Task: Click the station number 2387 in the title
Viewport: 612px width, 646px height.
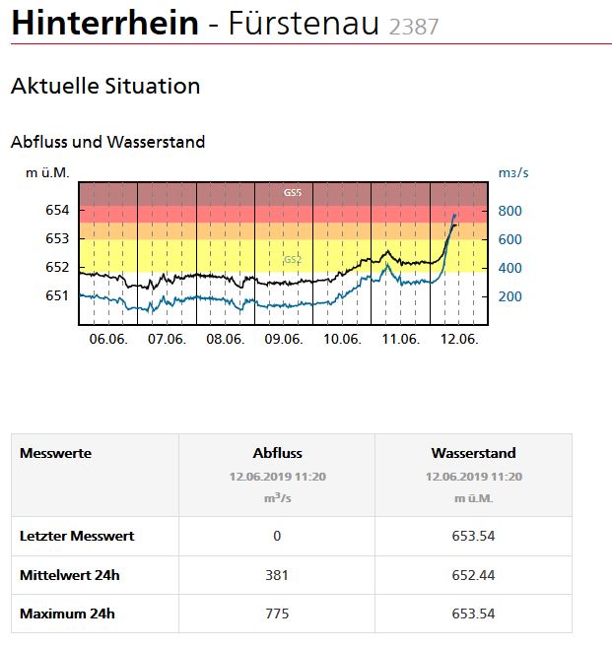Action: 413,27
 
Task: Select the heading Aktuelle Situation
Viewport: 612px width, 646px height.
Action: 105,86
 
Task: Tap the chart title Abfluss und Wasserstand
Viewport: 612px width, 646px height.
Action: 107,142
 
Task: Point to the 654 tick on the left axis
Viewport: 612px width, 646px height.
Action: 57,211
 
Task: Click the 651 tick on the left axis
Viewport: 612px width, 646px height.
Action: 57,295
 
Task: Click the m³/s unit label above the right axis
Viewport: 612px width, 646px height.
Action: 512,173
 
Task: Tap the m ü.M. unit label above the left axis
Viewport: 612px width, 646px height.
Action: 47,173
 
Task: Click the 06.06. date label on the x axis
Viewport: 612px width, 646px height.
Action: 107,339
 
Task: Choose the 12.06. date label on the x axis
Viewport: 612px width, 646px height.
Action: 458,339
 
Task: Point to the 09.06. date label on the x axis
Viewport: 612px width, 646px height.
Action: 283,339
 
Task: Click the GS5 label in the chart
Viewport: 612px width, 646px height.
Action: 293,193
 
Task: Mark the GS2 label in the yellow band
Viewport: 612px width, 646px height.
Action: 293,260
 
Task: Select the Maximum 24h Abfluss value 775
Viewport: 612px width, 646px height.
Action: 277,614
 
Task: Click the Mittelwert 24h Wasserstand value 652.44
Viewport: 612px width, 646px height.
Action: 473,575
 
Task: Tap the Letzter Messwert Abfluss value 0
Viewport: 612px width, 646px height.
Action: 277,537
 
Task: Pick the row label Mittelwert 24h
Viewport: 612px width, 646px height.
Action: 67,575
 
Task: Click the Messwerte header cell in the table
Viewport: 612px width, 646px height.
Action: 55,454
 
